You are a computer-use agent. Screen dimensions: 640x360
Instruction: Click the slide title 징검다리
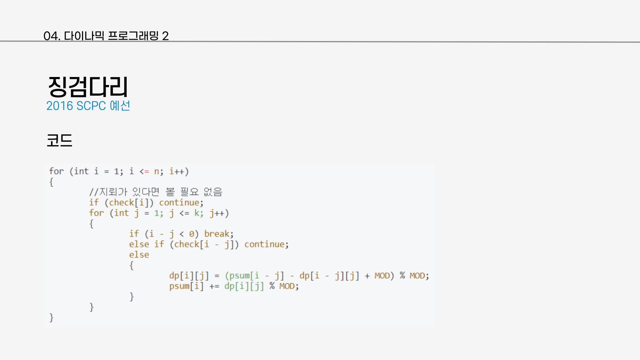pyautogui.click(x=88, y=87)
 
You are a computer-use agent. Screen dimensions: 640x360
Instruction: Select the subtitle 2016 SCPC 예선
pyautogui.click(x=88, y=106)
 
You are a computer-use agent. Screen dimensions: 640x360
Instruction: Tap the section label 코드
pyautogui.click(x=59, y=140)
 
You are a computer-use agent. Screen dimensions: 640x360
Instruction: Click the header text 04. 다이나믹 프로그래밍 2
pyautogui.click(x=106, y=36)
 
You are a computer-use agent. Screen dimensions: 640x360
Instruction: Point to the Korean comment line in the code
pyautogui.click(x=155, y=192)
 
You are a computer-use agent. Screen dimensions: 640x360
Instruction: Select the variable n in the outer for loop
pyautogui.click(x=157, y=172)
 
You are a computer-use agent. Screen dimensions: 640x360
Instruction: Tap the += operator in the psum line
pyautogui.click(x=214, y=286)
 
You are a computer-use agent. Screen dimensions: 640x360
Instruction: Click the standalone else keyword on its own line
pyautogui.click(x=139, y=255)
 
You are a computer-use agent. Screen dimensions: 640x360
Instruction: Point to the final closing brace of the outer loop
pyautogui.click(x=51, y=318)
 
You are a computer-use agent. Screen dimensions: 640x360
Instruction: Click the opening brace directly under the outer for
pyautogui.click(x=51, y=182)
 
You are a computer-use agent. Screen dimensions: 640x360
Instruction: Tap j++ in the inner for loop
pyautogui.click(x=217, y=213)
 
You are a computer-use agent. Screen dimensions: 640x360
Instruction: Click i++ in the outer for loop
pyautogui.click(x=177, y=172)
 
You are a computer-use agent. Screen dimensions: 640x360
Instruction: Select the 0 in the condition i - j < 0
pyautogui.click(x=192, y=234)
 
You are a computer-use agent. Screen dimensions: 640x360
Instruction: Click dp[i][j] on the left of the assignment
pyautogui.click(x=189, y=276)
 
